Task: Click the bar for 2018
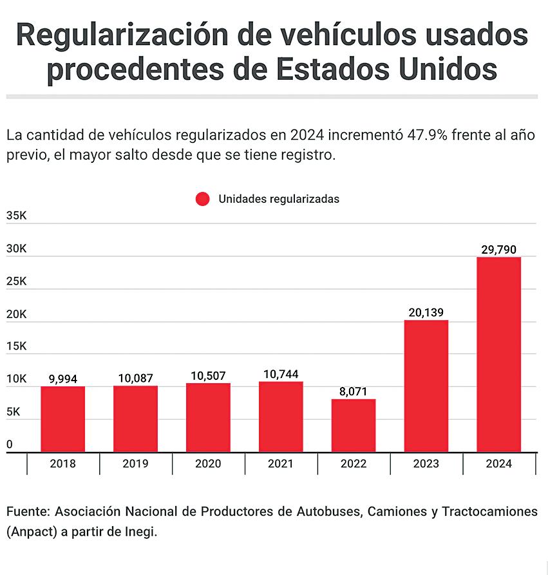click(x=62, y=419)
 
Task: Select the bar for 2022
click(x=354, y=425)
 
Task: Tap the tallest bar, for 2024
click(x=498, y=354)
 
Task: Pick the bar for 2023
click(x=426, y=386)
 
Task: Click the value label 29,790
click(x=498, y=250)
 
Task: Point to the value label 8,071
click(x=354, y=391)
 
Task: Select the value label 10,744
click(x=281, y=374)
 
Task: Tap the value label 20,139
click(x=426, y=313)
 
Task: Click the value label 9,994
click(x=62, y=379)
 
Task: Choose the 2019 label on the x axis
click(x=135, y=464)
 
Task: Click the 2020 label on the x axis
click(x=208, y=464)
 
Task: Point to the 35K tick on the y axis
click(x=16, y=216)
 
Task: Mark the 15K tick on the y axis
click(x=16, y=346)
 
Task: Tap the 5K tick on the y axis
click(x=14, y=411)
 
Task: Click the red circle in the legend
click(x=202, y=199)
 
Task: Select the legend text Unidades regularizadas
click(x=278, y=199)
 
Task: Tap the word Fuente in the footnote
click(x=27, y=512)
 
